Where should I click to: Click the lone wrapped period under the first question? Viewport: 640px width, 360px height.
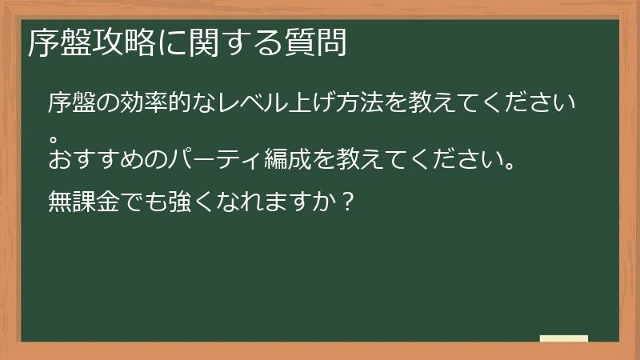54,129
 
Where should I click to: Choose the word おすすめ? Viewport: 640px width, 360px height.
97,157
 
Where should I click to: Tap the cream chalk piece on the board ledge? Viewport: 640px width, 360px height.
564,338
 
